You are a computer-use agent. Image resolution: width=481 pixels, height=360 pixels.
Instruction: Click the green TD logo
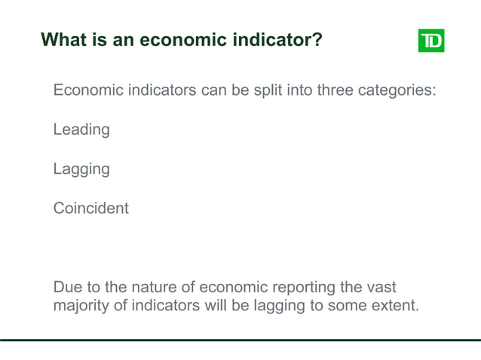click(x=430, y=40)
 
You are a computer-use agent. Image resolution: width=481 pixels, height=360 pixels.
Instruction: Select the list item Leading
click(x=81, y=130)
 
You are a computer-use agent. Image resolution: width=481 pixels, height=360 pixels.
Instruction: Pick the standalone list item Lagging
click(x=81, y=169)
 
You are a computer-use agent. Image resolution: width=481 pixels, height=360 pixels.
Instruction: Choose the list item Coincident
click(x=90, y=208)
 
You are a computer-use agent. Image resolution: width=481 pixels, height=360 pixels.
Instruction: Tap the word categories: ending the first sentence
click(x=397, y=91)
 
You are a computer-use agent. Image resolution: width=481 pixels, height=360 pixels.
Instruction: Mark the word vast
click(x=380, y=288)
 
